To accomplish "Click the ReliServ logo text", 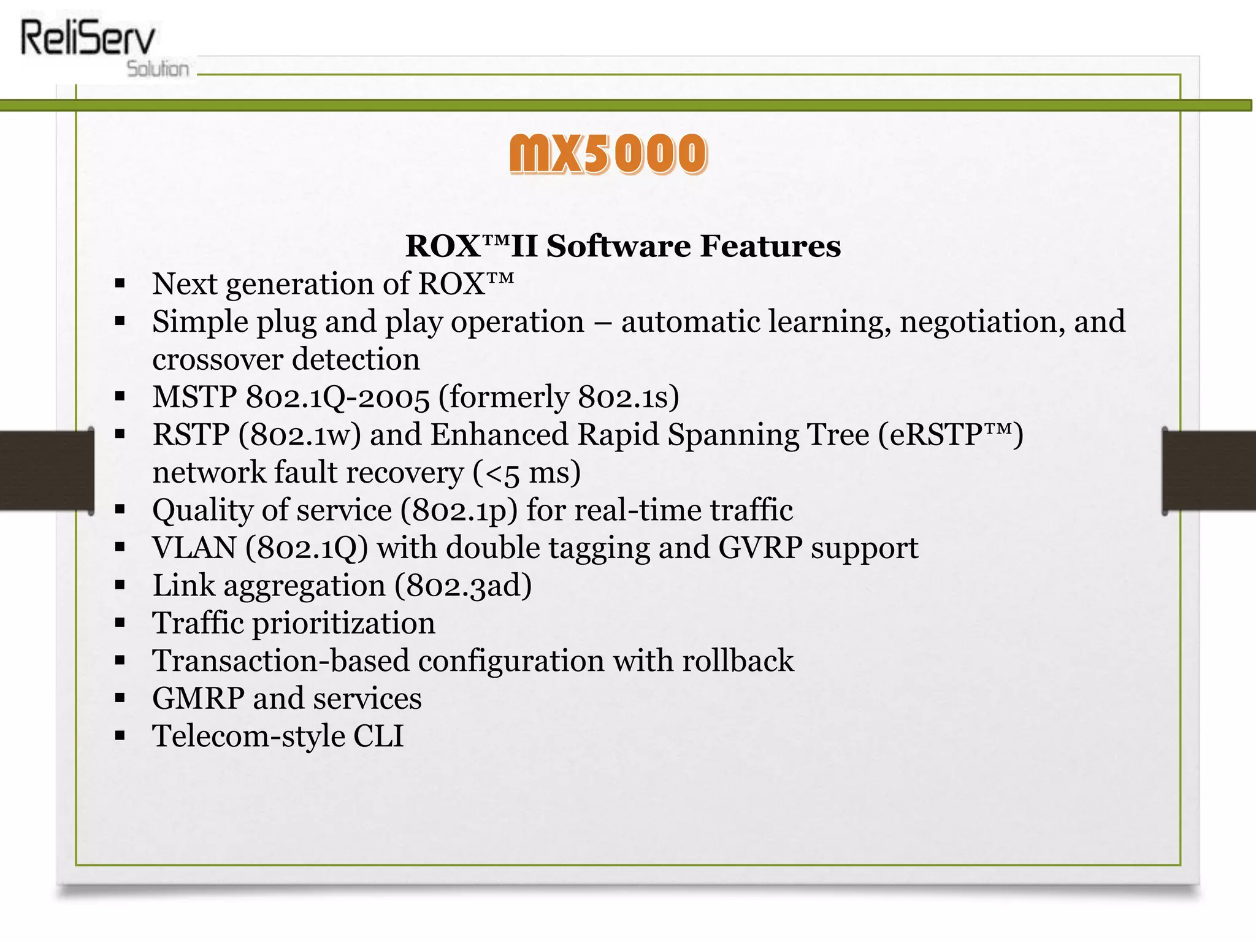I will click(88, 38).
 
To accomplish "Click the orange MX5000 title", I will click(608, 153).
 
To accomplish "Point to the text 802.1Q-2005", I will click(337, 397).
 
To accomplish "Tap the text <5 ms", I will click(527, 473).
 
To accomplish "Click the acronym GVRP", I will click(760, 548).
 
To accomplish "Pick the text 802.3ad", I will click(463, 586).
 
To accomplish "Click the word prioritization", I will click(343, 623).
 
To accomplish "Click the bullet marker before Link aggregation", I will click(120, 586).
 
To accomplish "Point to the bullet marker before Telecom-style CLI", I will click(120, 736).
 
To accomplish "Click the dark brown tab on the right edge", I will click(1209, 470).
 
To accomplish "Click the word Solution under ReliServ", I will click(158, 69).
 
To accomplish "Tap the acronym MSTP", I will click(194, 397).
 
